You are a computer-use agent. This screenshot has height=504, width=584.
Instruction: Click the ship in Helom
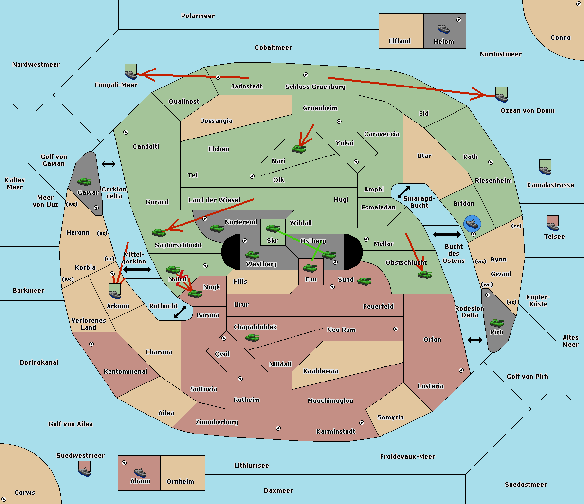click(x=443, y=28)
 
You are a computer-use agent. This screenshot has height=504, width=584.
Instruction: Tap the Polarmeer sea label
click(x=198, y=16)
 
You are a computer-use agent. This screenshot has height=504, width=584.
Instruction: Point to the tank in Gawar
click(x=85, y=181)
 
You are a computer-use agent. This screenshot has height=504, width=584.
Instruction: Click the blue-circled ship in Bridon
click(x=473, y=224)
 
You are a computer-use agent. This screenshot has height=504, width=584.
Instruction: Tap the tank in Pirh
click(x=496, y=323)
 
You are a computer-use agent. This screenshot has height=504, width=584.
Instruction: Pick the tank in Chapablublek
click(x=252, y=337)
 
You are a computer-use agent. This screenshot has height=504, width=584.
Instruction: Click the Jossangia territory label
click(x=217, y=121)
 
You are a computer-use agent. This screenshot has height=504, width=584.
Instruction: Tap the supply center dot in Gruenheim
click(x=339, y=122)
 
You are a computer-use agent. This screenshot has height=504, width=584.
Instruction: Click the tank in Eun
click(x=310, y=268)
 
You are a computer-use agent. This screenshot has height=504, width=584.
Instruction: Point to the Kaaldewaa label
click(x=321, y=371)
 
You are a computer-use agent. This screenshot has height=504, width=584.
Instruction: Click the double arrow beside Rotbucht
click(x=181, y=312)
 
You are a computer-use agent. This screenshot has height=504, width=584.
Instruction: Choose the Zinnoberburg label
click(x=217, y=422)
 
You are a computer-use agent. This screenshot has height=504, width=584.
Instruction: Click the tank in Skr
click(x=273, y=228)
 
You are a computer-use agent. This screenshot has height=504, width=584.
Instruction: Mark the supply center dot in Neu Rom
click(x=396, y=329)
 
